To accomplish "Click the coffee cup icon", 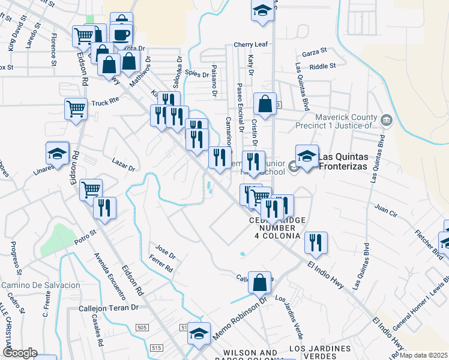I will (121, 35).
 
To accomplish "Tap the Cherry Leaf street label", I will (250, 44).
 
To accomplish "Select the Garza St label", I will (315, 52).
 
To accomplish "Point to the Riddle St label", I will (323, 65).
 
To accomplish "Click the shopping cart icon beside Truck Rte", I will (76, 109).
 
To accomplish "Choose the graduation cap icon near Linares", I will (58, 154).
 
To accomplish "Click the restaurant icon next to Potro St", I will (104, 208).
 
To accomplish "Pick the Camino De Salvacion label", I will (41, 284).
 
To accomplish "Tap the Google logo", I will (20, 353).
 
